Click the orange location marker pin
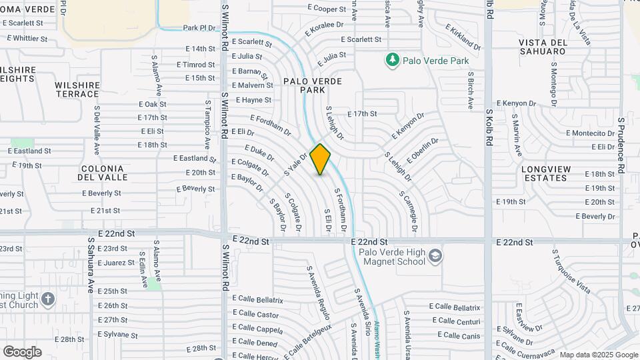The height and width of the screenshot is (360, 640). [320, 159]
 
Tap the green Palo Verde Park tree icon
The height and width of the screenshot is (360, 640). [392, 61]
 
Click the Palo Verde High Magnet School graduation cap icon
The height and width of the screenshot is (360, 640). [435, 257]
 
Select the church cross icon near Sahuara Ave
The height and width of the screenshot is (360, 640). [47, 299]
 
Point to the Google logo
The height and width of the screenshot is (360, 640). [22, 352]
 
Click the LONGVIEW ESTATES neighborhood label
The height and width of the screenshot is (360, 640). [546, 173]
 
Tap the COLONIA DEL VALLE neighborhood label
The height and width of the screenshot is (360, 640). [103, 173]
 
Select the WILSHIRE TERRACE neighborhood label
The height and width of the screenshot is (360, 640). [77, 89]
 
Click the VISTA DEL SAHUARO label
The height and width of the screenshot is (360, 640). [542, 47]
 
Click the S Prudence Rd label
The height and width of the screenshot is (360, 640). [621, 146]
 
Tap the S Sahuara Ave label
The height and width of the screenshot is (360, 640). [91, 265]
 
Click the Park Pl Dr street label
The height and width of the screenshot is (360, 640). [199, 28]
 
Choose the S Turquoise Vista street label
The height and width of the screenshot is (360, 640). [572, 271]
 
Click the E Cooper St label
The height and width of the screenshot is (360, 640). [327, 9]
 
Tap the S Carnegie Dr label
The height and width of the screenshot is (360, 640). [409, 213]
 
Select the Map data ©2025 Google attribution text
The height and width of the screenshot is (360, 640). [599, 355]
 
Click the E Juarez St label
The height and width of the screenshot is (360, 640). [116, 263]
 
